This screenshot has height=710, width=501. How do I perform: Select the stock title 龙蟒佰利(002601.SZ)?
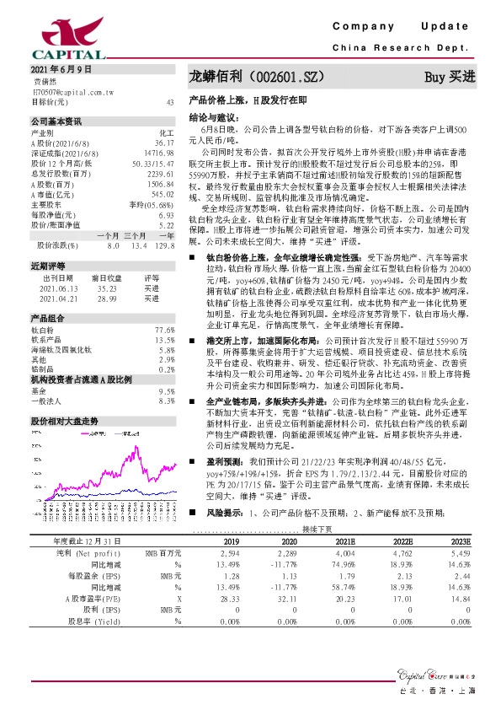[256, 76]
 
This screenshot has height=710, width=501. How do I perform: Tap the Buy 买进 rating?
[450, 77]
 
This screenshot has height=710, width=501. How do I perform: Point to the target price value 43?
[171, 101]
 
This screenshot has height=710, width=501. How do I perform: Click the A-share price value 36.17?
[164, 143]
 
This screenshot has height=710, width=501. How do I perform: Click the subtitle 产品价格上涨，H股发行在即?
[238, 100]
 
